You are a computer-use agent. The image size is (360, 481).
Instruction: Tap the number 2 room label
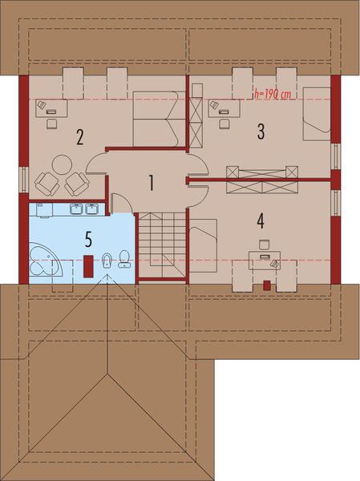coord(80,136)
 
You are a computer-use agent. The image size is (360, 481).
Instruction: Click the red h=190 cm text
coord(273,94)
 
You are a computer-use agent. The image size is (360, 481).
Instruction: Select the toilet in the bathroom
coord(124,258)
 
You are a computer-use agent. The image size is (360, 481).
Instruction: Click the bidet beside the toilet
coord(107,261)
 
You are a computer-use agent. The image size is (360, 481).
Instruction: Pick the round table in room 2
coord(62,164)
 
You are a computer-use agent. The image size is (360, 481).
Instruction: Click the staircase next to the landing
coord(162,245)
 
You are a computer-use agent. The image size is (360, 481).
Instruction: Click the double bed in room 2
coord(156,116)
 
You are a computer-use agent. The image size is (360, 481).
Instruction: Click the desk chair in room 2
coord(52,123)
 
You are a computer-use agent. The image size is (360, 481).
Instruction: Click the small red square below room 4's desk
coord(266,284)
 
